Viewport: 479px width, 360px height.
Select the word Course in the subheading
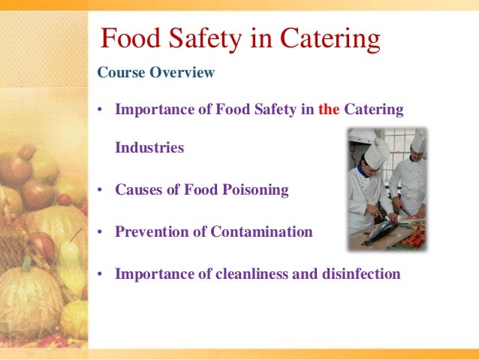coord(117,73)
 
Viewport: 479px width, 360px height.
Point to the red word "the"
coord(329,110)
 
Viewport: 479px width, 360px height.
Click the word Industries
coord(149,147)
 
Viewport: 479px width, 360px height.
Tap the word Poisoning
coord(252,190)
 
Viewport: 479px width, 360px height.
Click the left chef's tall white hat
coord(376,152)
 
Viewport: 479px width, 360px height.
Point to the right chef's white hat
coord(417,140)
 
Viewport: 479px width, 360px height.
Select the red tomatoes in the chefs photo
coord(414,239)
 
